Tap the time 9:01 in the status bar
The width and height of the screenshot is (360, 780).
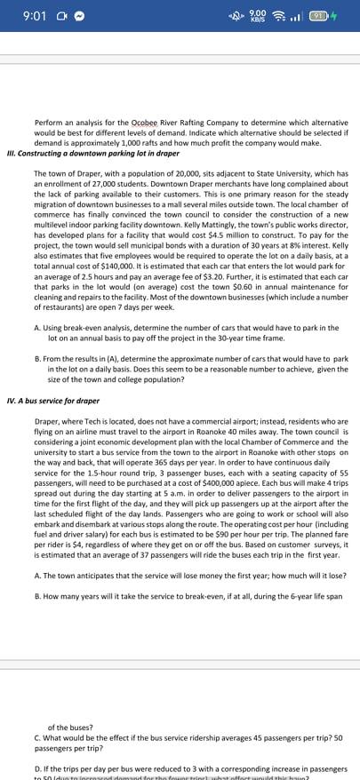pyautogui.click(x=32, y=16)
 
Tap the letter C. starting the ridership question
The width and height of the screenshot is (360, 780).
pyautogui.click(x=36, y=736)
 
